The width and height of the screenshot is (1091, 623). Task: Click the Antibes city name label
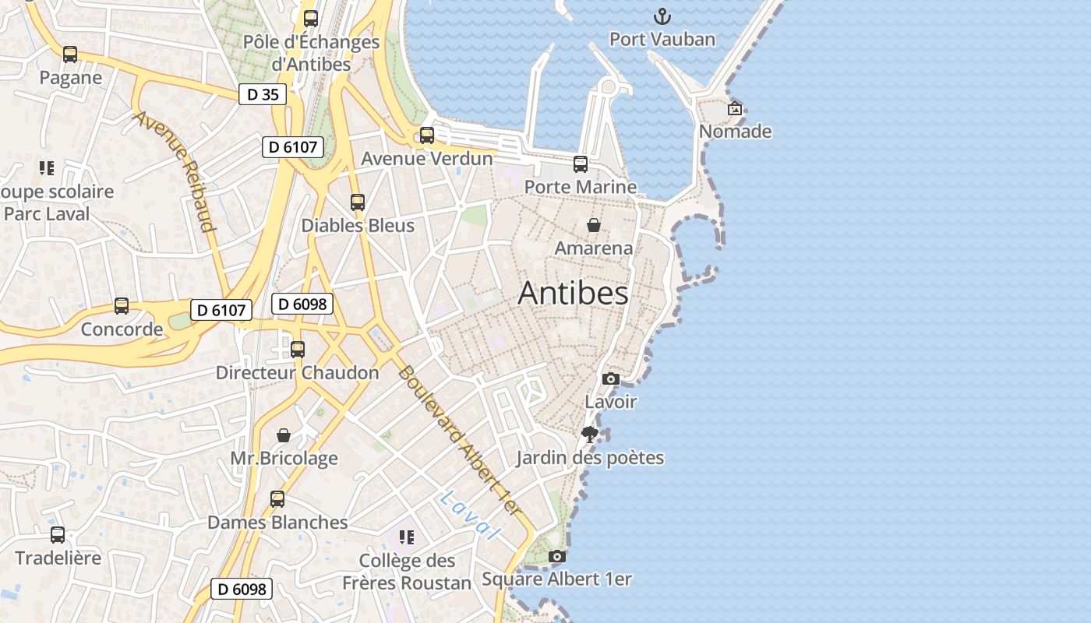pos(573,294)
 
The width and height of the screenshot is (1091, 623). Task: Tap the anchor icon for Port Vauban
pos(662,16)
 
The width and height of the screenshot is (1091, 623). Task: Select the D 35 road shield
pos(262,95)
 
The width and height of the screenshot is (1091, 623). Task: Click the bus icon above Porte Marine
pos(581,164)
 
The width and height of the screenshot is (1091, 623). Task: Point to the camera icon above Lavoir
pos(611,379)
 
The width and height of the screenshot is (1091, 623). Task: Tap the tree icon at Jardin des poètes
pos(590,435)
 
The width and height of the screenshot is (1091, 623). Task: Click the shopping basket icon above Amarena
pos(594,225)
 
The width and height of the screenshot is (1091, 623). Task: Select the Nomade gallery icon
pos(734,109)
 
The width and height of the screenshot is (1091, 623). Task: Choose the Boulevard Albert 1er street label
pos(459,440)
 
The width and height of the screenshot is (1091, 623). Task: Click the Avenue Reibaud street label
pos(175,171)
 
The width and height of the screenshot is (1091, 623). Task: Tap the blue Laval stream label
pos(468,516)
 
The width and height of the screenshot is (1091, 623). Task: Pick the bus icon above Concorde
pos(122,306)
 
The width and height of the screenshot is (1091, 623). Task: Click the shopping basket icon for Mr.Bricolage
pos(284,435)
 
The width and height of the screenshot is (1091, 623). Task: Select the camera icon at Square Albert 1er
pos(556,556)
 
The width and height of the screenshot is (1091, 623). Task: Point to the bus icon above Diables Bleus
pos(358,202)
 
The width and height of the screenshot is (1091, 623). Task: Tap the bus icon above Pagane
pos(70,55)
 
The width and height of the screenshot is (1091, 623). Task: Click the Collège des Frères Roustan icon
pos(406,537)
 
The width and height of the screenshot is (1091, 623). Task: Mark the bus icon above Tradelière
pos(58,535)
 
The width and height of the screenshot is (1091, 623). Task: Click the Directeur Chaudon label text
pos(297,373)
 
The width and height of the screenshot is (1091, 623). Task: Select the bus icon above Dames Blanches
pos(277,499)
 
